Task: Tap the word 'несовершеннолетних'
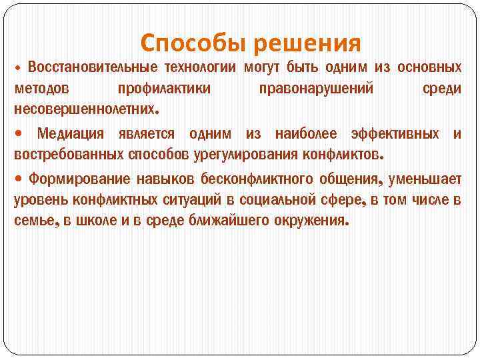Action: click(85, 108)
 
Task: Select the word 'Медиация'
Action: click(70, 133)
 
